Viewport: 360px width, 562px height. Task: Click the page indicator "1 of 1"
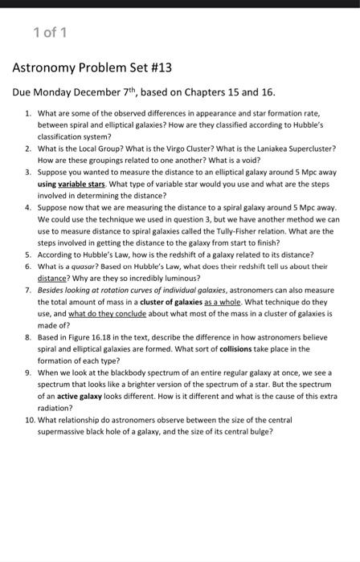click(x=51, y=31)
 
